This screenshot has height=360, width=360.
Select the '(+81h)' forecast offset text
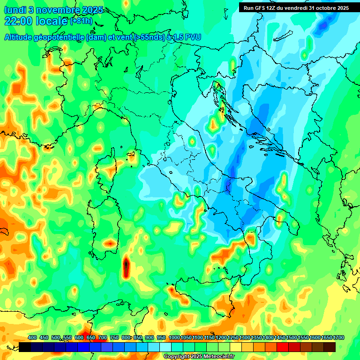81,21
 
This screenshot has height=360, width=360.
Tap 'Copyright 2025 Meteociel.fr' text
199,357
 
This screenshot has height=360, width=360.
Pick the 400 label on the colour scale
32,337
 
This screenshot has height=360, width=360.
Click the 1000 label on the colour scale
174,337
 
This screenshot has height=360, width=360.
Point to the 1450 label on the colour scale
280,337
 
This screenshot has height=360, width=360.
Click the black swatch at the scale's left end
25,347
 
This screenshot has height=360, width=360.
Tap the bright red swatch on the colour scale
283,347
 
